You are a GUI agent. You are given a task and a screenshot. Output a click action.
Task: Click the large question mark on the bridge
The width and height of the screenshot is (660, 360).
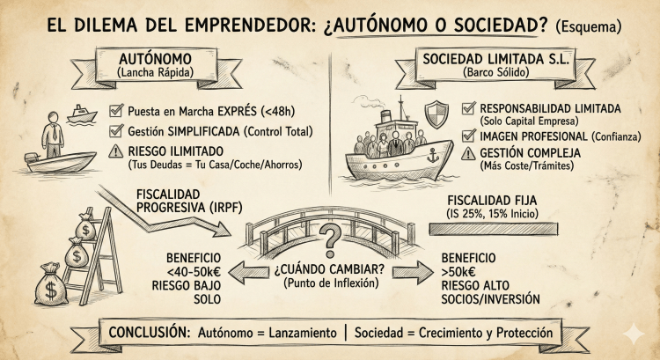click(x=329, y=235)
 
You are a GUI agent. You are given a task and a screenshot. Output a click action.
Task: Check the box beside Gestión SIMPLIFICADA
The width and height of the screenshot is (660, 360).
click(x=116, y=131)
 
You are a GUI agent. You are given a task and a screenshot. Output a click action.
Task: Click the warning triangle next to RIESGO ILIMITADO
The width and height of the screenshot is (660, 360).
click(x=116, y=151)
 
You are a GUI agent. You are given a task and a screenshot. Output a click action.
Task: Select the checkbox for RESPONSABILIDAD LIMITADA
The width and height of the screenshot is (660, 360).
click(x=468, y=109)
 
